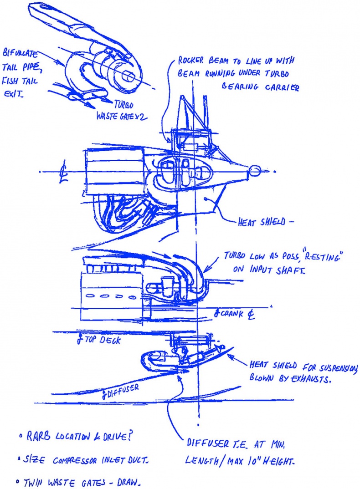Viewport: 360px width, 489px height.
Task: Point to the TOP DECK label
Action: (100, 340)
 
